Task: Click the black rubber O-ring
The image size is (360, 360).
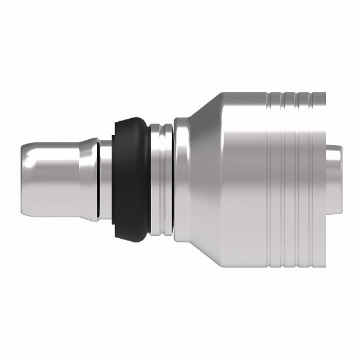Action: [x=131, y=180]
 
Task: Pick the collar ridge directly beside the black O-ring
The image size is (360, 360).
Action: [x=154, y=180]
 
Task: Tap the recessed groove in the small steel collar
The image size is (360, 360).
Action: [x=160, y=180]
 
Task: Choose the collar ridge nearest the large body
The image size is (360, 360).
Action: [x=167, y=180]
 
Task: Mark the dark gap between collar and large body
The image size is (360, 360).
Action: [x=173, y=180]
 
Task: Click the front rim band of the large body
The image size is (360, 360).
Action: [x=181, y=180]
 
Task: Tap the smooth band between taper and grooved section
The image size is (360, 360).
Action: [x=246, y=180]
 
